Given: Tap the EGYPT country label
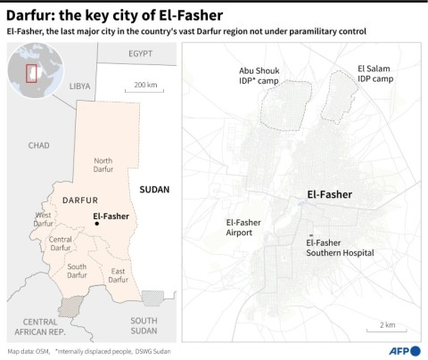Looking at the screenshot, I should pyautogui.click(x=140, y=53).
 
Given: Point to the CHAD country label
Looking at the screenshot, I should pyautogui.click(x=38, y=144).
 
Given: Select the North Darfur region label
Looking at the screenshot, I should pyautogui.click(x=110, y=165).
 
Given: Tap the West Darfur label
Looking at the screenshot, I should pyautogui.click(x=44, y=219).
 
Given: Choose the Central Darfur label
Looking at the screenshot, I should pyautogui.click(x=61, y=243).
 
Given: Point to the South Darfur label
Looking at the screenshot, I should pyautogui.click(x=78, y=272).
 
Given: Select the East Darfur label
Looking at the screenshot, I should pyautogui.click(x=118, y=275).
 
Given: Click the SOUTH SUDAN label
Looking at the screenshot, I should pyautogui.click(x=144, y=323).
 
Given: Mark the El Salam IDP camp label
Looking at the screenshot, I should pyautogui.click(x=375, y=73).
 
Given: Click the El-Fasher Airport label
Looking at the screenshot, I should pyautogui.click(x=245, y=226).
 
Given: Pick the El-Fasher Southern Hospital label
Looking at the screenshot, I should pyautogui.click(x=340, y=248).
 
